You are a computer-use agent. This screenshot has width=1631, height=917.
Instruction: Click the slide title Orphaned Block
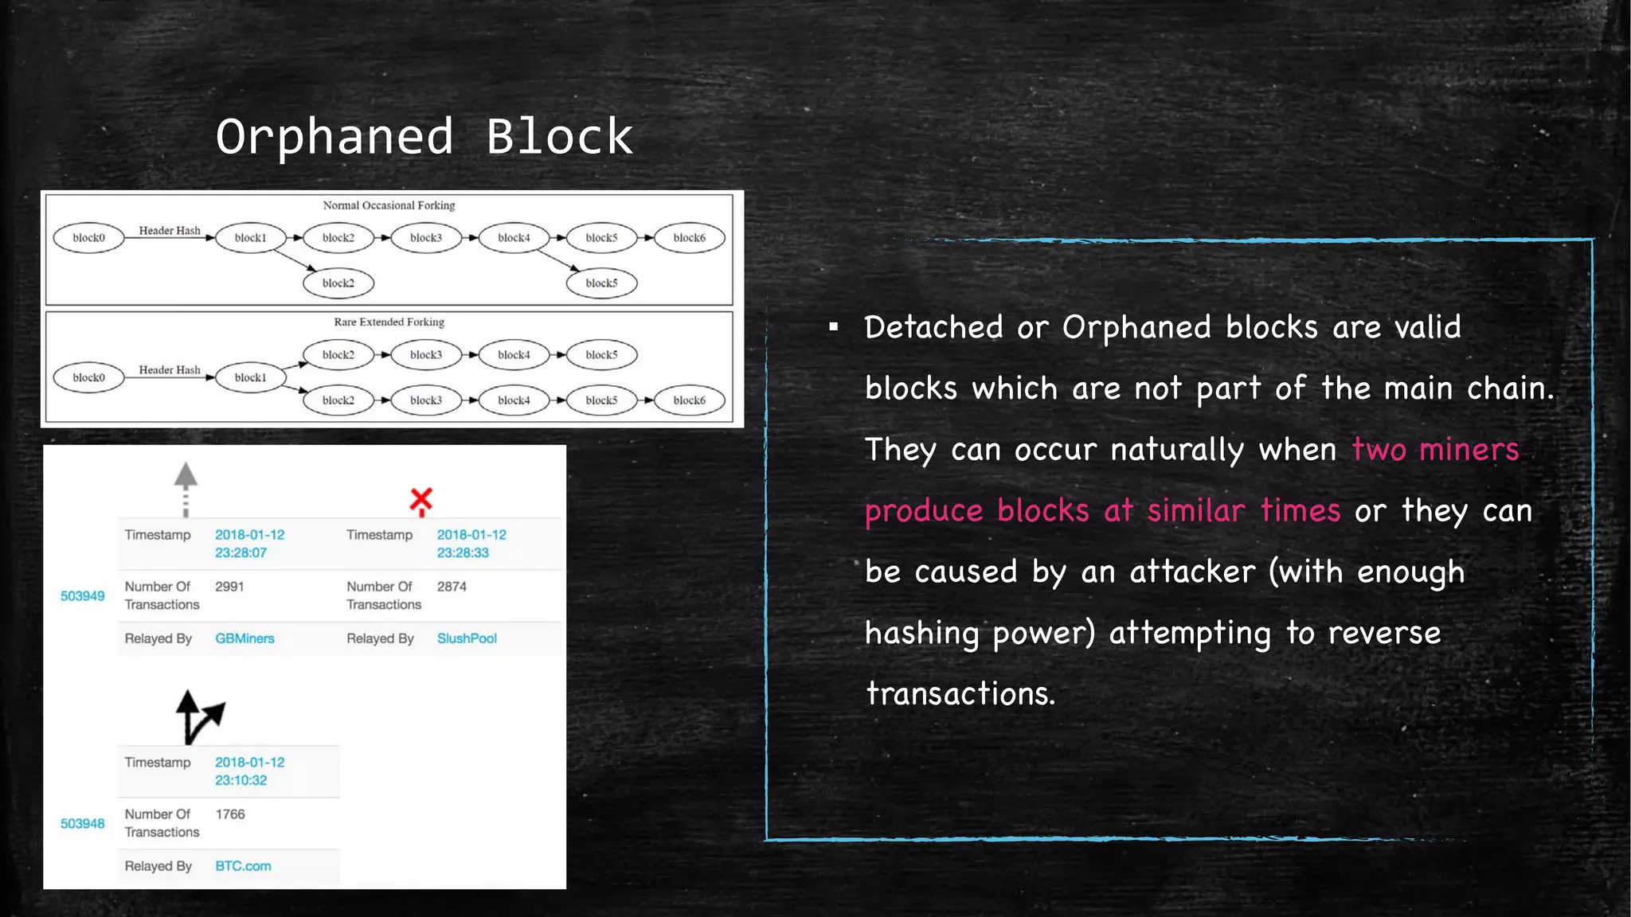pos(424,137)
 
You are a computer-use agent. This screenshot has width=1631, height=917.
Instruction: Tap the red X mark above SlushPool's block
pos(421,500)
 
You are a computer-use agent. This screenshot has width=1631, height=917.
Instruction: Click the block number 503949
pos(82,596)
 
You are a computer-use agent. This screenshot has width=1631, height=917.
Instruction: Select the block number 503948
pos(82,824)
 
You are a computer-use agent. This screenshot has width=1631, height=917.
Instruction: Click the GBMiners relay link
pos(244,638)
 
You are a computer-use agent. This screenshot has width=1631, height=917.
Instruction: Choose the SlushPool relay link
pos(467,638)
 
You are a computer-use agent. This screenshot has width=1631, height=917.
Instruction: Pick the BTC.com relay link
pos(243,866)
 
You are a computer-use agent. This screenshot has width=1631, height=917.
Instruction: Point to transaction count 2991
pos(229,587)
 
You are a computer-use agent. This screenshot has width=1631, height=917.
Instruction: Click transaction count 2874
pos(452,587)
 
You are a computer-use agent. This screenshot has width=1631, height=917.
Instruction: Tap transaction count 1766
pos(230,814)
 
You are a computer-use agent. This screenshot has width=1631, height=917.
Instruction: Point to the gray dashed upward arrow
pos(186,487)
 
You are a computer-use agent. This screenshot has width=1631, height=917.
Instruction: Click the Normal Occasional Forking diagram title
pos(389,205)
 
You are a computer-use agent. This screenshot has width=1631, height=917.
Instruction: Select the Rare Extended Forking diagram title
pos(389,322)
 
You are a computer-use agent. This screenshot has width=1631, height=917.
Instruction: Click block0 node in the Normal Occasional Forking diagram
pos(88,238)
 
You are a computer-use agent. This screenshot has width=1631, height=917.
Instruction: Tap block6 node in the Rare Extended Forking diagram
pos(689,400)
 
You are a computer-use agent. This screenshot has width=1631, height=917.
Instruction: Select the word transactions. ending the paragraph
pos(960,694)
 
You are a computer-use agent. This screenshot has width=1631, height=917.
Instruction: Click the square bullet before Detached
pos(833,327)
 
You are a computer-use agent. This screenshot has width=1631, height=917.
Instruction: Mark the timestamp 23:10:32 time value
pos(241,781)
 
